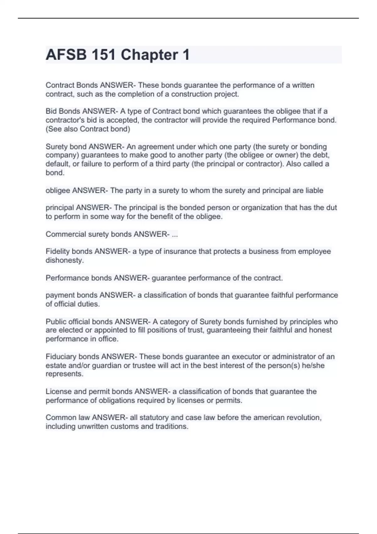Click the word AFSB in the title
tap(66, 55)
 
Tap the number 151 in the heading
tap(103, 55)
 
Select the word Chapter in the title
tap(149, 55)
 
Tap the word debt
tap(322, 155)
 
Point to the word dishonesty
tap(64, 260)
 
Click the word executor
tap(246, 357)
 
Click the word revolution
tap(304, 417)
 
